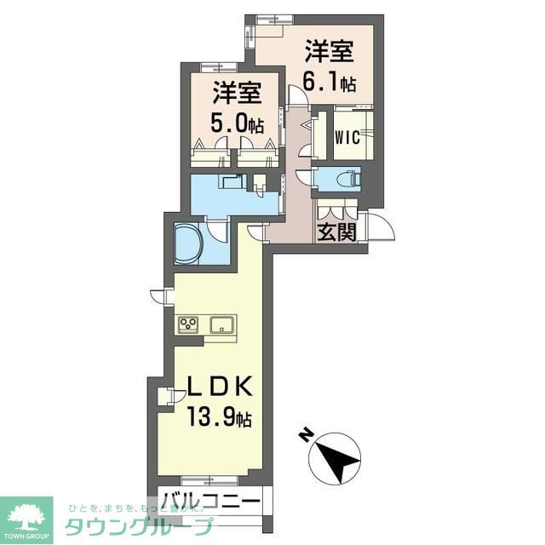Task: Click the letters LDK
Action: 218,387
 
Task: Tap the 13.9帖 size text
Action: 220,418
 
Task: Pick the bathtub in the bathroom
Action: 188,243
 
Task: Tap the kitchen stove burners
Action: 189,324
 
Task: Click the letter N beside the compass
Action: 304,437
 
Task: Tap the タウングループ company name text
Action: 136,525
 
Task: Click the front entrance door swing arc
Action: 384,227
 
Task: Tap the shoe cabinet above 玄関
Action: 336,210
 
